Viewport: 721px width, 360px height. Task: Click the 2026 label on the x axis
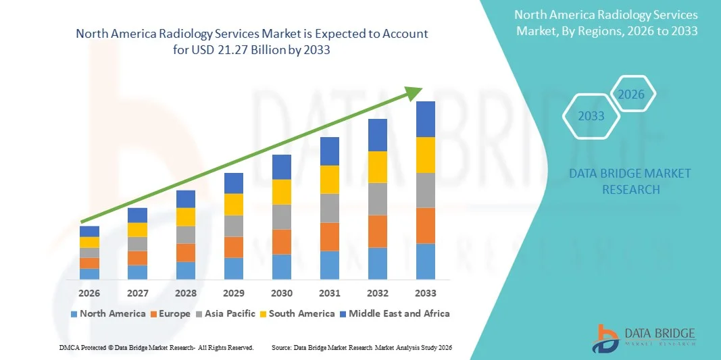pyautogui.click(x=89, y=293)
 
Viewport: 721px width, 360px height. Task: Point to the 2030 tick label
pyautogui.click(x=282, y=293)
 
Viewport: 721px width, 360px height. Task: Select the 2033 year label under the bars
pyautogui.click(x=426, y=293)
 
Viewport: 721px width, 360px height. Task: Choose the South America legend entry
pyautogui.click(x=297, y=313)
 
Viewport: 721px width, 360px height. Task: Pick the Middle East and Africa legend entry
pyautogui.click(x=394, y=313)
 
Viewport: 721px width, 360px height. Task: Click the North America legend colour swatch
pyautogui.click(x=74, y=314)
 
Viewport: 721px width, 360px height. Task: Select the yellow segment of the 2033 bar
pyautogui.click(x=426, y=155)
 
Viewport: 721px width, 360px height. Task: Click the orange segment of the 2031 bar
pyautogui.click(x=330, y=236)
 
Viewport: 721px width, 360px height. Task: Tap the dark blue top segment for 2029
pyautogui.click(x=234, y=183)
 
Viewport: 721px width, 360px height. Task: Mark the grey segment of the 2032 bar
pyautogui.click(x=378, y=199)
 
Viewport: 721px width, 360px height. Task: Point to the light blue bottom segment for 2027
pyautogui.click(x=138, y=272)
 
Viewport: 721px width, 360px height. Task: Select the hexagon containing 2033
pyautogui.click(x=591, y=116)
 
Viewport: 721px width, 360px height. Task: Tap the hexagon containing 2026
pyautogui.click(x=632, y=95)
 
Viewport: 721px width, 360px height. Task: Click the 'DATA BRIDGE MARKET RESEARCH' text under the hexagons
pyautogui.click(x=630, y=181)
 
